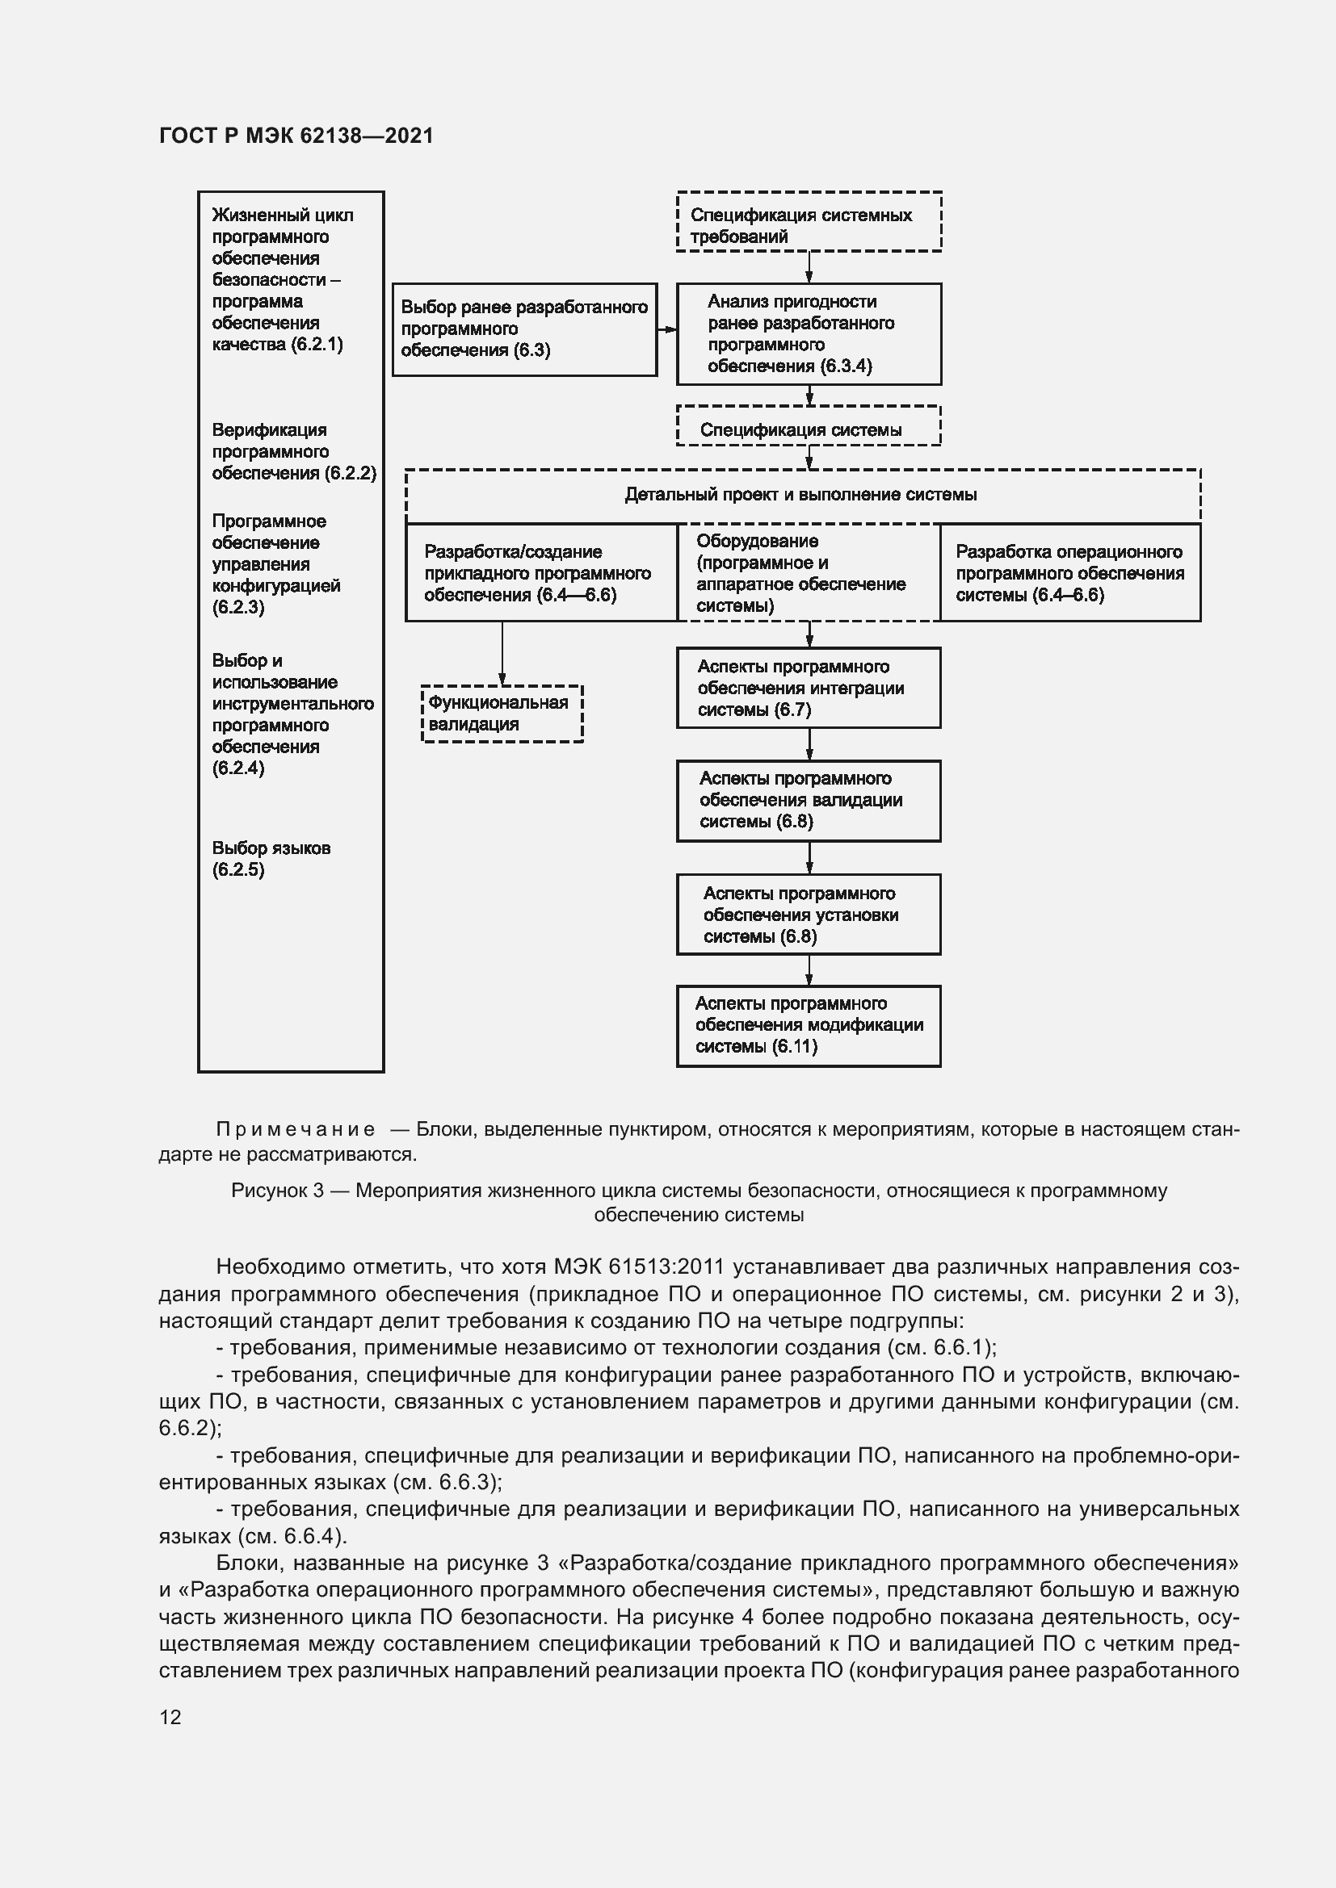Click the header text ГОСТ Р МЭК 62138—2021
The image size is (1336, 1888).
coord(296,136)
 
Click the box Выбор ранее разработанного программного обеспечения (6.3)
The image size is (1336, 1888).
coord(524,329)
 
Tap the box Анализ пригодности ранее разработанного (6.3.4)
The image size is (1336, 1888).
coord(808,334)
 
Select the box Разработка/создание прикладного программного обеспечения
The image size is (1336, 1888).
coord(540,573)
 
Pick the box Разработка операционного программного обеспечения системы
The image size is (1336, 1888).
coord(1069,573)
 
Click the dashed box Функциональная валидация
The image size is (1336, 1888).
coord(502,714)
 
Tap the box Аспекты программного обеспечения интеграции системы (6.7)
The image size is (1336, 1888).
coord(808,689)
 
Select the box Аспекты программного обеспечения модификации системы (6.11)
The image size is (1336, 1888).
coord(808,1025)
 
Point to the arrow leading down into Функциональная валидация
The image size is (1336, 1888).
coord(502,654)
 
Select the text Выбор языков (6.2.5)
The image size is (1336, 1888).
coord(271,859)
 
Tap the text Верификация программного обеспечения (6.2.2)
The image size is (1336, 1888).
coord(293,451)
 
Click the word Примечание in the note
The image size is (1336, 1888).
coord(296,1129)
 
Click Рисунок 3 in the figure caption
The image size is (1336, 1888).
coord(277,1191)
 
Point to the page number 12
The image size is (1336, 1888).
coord(170,1717)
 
